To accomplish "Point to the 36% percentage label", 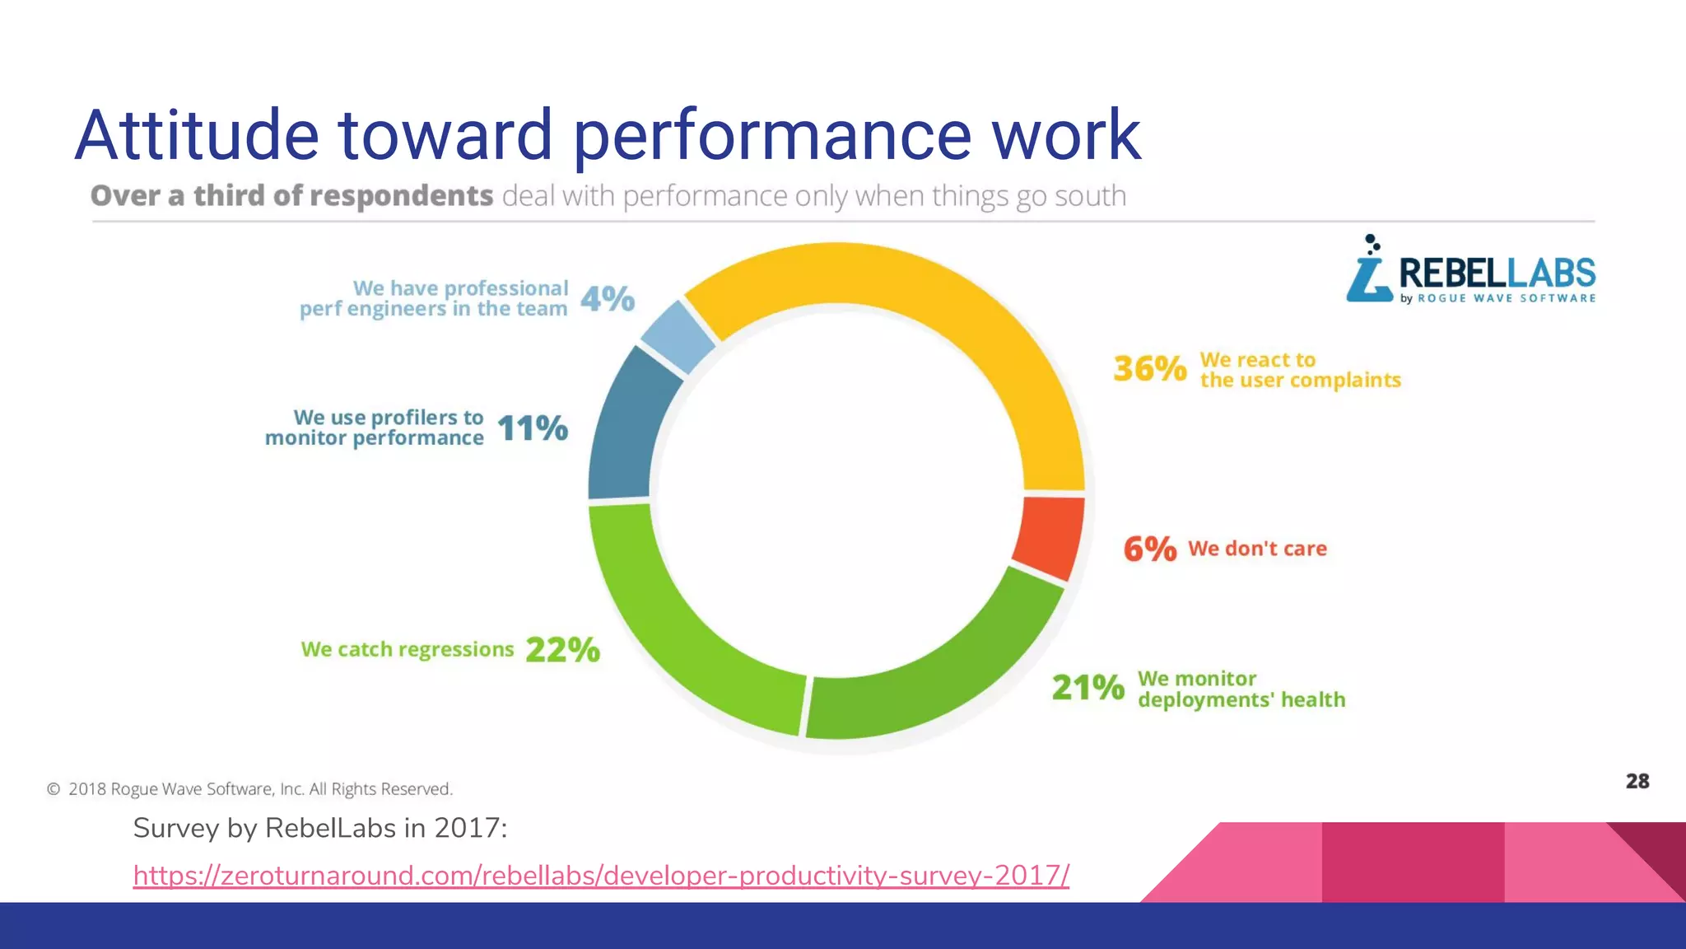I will pyautogui.click(x=1150, y=368).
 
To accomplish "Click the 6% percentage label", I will pyautogui.click(x=1150, y=549).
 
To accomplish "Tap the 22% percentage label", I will pyautogui.click(x=563, y=649).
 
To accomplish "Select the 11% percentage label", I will pyautogui.click(x=533, y=428).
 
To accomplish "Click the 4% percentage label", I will pyautogui.click(x=608, y=298).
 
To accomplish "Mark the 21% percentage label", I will pyautogui.click(x=1088, y=687).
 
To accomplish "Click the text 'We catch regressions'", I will pyautogui.click(x=408, y=649).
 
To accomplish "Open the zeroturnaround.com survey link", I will pyautogui.click(x=601, y=875).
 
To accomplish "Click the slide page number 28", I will pyautogui.click(x=1637, y=781).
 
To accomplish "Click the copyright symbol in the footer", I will pyautogui.click(x=54, y=789).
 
